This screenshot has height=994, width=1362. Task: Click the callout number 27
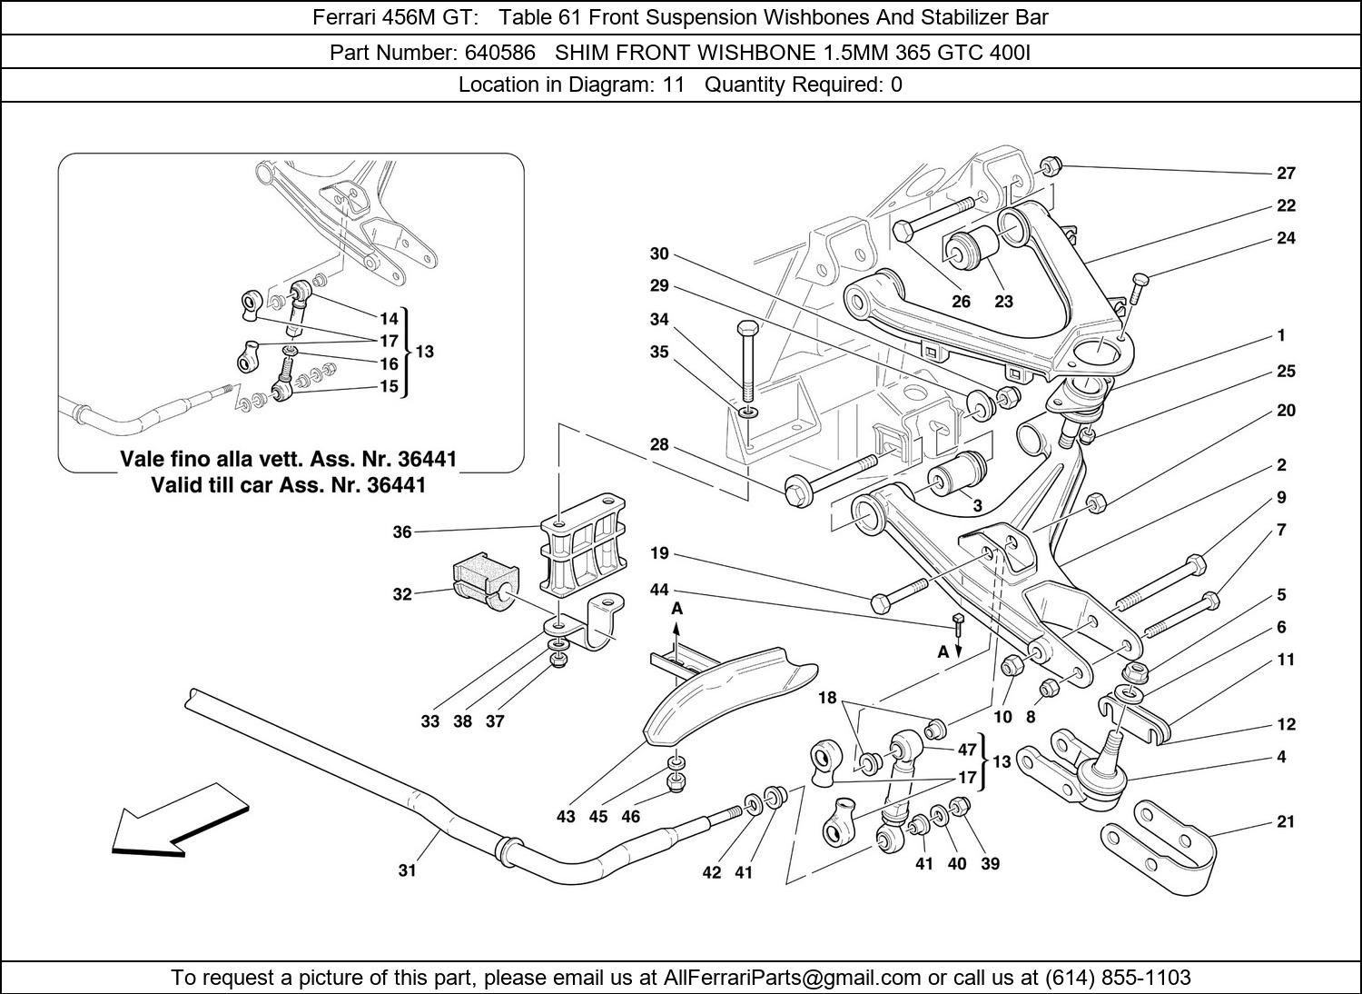tap(1286, 173)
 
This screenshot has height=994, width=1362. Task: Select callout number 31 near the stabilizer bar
tap(407, 870)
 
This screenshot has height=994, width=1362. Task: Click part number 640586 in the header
tap(500, 53)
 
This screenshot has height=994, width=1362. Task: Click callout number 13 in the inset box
tap(424, 352)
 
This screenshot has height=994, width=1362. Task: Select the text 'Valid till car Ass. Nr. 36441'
tap(288, 485)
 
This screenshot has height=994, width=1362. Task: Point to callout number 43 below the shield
tap(566, 817)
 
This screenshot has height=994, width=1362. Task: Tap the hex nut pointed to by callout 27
tap(1048, 167)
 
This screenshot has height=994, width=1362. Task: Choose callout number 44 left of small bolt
tap(659, 591)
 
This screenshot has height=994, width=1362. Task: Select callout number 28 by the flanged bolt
tap(659, 444)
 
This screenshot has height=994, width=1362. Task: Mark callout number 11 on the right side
tap(1286, 660)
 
